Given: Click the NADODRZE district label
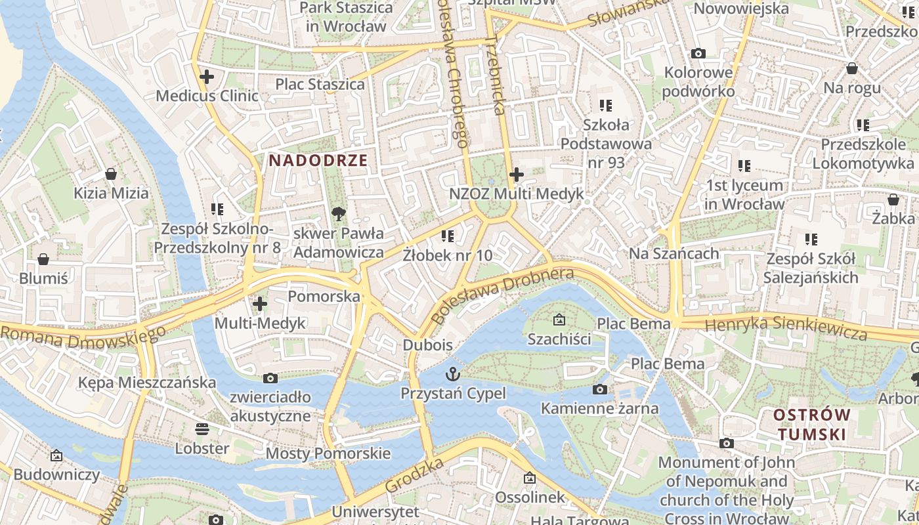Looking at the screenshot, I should click(318, 160).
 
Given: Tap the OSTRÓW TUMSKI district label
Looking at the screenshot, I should click(811, 425).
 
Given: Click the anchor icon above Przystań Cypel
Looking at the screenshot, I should click(453, 375).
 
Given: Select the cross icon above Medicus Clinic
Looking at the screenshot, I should click(207, 77).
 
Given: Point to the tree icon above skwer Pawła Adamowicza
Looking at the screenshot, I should click(339, 213).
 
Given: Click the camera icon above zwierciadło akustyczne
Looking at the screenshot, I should click(270, 378).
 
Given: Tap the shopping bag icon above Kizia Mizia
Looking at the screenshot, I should click(111, 174).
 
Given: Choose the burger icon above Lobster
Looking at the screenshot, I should click(202, 429).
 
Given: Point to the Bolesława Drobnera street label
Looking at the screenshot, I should click(504, 294).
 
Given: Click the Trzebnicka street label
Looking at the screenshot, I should click(496, 75).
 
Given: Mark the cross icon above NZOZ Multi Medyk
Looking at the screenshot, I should click(517, 175).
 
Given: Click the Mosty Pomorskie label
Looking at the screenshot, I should click(328, 453).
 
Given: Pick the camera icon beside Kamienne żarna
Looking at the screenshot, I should click(599, 390).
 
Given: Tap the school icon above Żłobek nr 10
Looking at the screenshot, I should click(448, 236).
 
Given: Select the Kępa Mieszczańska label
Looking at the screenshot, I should click(146, 383).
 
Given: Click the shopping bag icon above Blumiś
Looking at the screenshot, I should click(43, 259).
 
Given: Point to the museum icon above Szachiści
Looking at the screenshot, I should click(559, 320).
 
